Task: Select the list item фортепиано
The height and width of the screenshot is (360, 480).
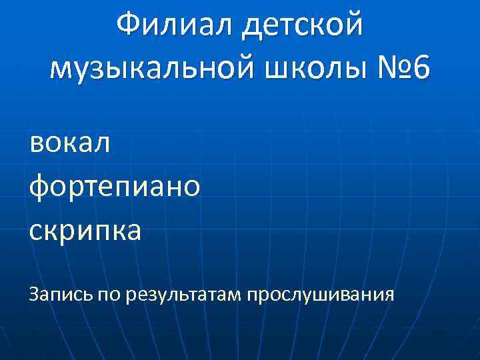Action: pyautogui.click(x=114, y=187)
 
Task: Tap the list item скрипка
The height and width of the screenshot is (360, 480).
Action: pyautogui.click(x=85, y=231)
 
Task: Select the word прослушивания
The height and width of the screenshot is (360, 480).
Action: pyautogui.click(x=321, y=294)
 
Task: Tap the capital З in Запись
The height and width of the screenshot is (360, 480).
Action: pyautogui.click(x=33, y=293)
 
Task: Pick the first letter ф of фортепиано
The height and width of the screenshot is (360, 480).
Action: pyautogui.click(x=39, y=187)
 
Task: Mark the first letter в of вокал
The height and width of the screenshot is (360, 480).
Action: pyautogui.click(x=36, y=143)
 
